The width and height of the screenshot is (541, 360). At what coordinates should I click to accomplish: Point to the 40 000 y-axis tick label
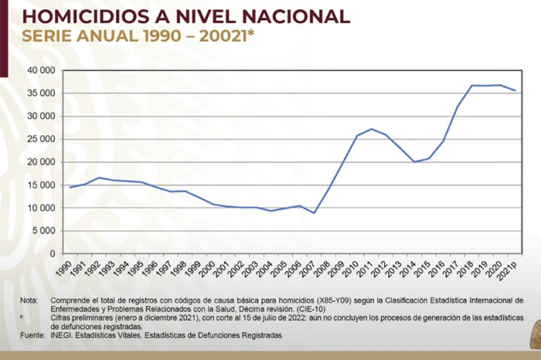[x=41, y=70]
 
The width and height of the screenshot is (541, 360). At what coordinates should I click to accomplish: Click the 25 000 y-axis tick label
[x=41, y=139]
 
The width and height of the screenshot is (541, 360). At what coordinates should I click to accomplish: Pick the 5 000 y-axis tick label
[x=44, y=231]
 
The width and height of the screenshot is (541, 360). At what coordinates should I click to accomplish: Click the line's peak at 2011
[x=373, y=129]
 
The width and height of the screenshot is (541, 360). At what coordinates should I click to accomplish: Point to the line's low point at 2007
[x=315, y=213]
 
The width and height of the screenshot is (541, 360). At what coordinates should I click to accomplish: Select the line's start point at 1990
[x=70, y=187]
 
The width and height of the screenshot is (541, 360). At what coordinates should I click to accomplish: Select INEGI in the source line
[x=63, y=335]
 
